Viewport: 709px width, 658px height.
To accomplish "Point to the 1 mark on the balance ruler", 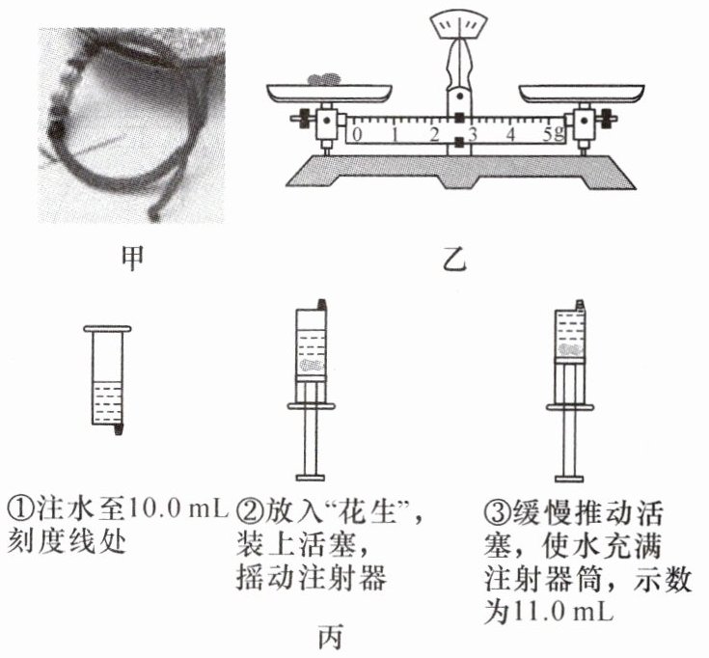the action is (395, 133).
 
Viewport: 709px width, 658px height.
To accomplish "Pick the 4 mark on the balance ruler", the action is (510, 133).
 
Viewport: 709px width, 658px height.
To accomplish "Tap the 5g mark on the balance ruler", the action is (552, 133).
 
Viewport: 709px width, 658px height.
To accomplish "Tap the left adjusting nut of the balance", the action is (302, 123).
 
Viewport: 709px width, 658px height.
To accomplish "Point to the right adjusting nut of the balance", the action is (608, 123).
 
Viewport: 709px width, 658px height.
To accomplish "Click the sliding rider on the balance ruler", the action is (460, 132).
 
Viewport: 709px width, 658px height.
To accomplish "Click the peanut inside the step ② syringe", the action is (311, 367).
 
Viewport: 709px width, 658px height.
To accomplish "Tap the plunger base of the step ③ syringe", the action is (569, 475).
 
